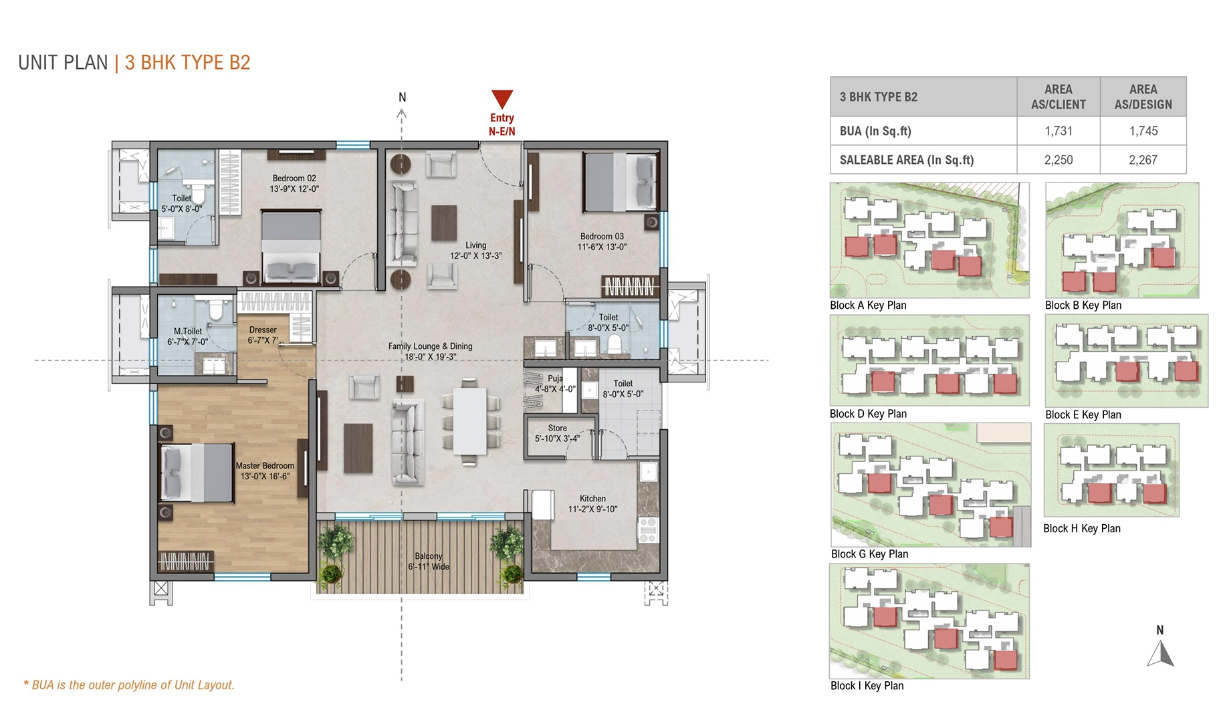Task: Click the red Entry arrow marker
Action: tap(502, 99)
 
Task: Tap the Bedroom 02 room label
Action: tap(294, 178)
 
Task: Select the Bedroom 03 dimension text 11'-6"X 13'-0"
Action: tap(602, 247)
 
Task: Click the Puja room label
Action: tap(555, 378)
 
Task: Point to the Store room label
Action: tap(557, 428)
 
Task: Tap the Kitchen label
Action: tap(592, 499)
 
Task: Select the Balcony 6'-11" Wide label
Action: tap(429, 562)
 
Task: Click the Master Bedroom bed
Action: tap(197, 472)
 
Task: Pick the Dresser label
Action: tap(263, 330)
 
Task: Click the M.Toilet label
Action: tap(188, 331)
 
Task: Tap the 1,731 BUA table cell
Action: tap(1058, 131)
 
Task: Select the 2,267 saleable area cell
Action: tap(1143, 160)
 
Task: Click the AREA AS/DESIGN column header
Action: tap(1143, 97)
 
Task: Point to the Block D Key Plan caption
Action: tap(868, 414)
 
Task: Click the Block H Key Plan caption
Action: tap(1081, 528)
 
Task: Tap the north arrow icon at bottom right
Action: tap(1160, 653)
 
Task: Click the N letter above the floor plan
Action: tap(402, 98)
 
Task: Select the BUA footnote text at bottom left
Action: tap(130, 685)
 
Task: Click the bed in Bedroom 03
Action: tap(619, 182)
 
